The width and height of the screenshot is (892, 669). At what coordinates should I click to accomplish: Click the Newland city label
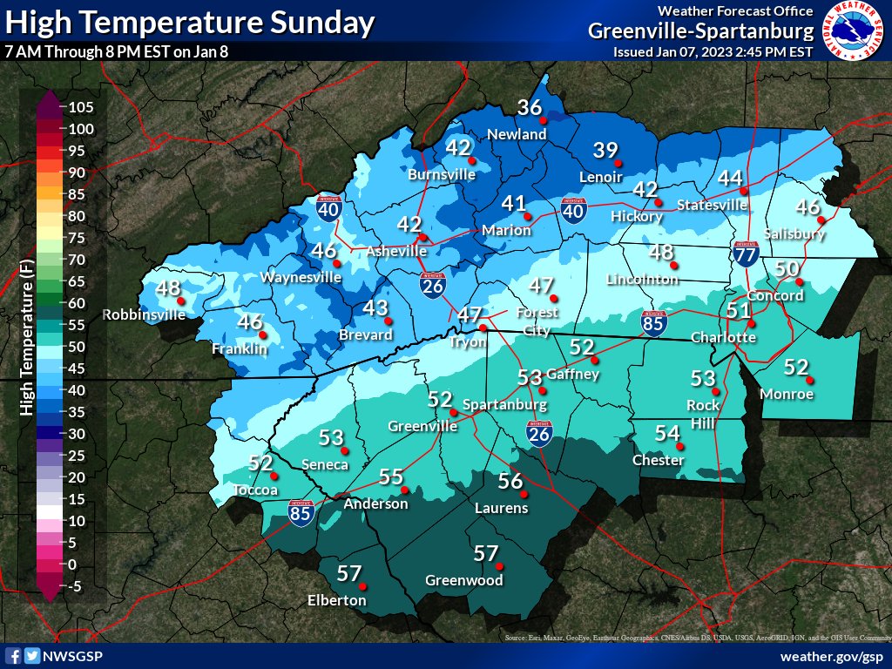[517, 134]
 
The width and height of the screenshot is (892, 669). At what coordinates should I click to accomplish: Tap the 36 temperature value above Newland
[530, 108]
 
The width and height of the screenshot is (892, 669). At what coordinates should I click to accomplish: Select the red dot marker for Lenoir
[618, 163]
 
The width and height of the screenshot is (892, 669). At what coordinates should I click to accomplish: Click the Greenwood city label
[463, 580]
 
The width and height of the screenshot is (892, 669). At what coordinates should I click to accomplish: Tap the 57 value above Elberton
[348, 573]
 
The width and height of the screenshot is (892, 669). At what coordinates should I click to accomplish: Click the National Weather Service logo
[854, 32]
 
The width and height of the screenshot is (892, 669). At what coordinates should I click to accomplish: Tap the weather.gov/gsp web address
[831, 656]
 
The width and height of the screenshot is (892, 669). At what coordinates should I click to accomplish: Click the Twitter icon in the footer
[33, 656]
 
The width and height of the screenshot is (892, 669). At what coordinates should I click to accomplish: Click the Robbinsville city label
[145, 314]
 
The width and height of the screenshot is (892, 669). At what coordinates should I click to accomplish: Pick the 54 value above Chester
[667, 433]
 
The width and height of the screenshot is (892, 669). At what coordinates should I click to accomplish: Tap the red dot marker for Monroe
[809, 380]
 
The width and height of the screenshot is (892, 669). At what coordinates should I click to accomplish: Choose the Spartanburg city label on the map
[504, 405]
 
